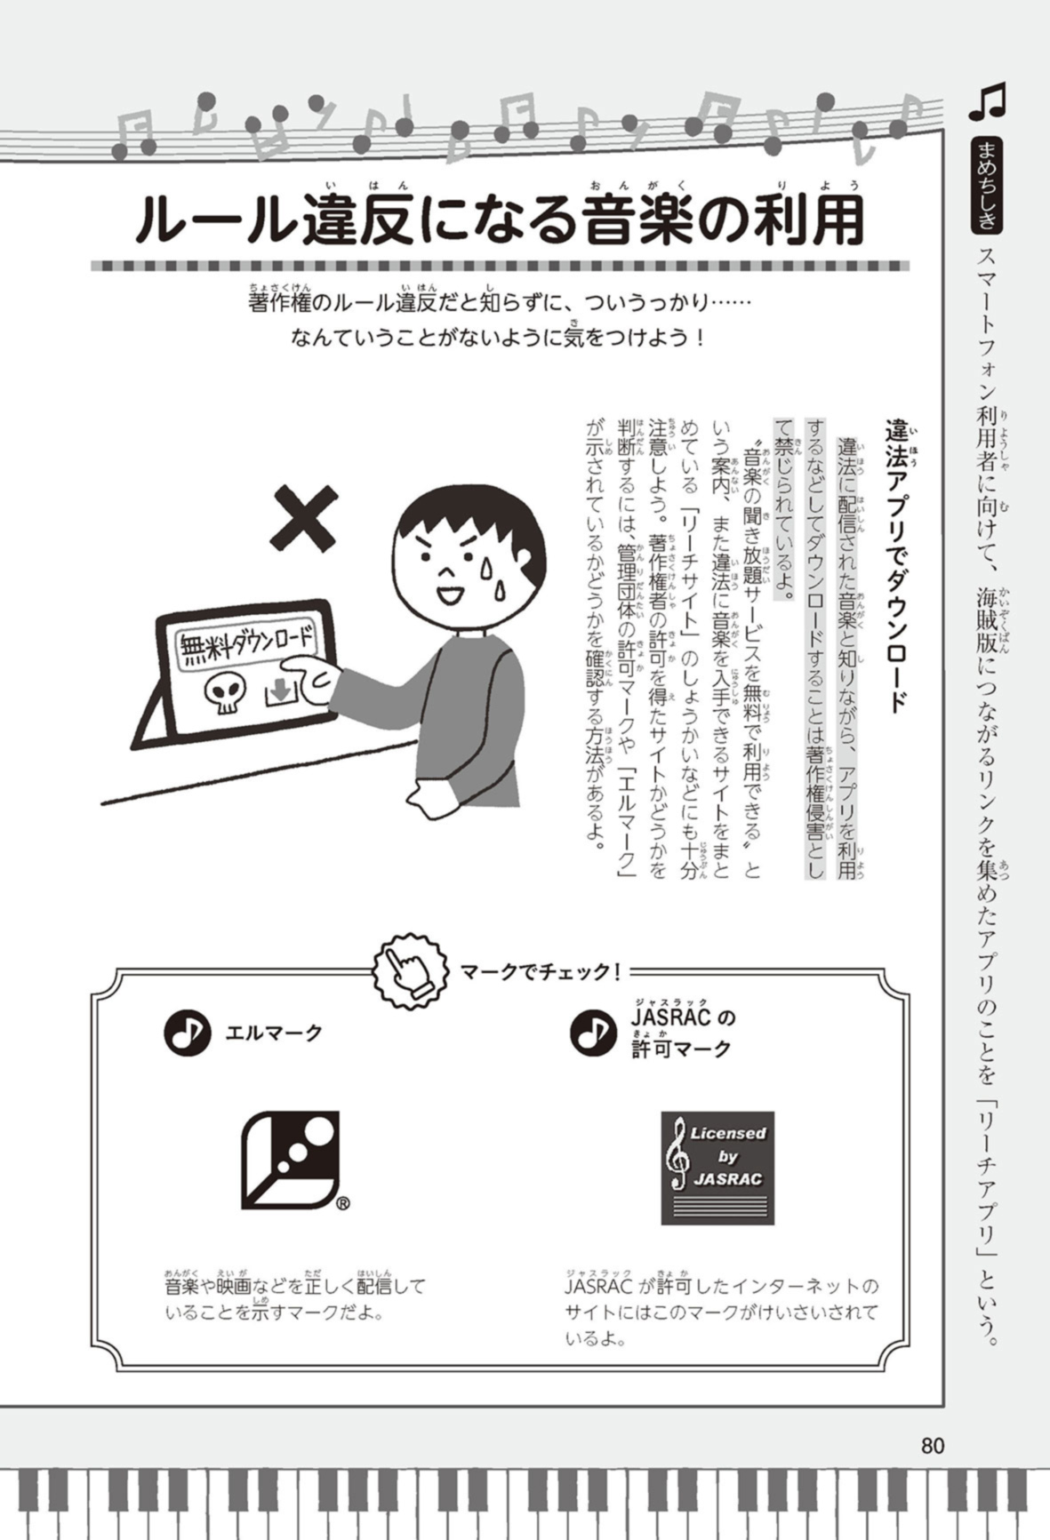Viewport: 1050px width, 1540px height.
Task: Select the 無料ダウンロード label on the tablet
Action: (x=246, y=642)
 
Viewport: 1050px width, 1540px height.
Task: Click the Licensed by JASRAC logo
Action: (x=717, y=1167)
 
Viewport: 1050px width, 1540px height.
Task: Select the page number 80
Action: (x=932, y=1446)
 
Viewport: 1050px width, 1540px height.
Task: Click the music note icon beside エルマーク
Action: (x=187, y=1033)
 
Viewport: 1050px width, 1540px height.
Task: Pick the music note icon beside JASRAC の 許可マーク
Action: (x=593, y=1033)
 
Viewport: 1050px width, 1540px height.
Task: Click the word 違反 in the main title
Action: (x=358, y=220)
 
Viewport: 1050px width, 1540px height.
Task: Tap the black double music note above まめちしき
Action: (x=988, y=102)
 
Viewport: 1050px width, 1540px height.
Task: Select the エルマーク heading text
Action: (x=274, y=1033)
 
